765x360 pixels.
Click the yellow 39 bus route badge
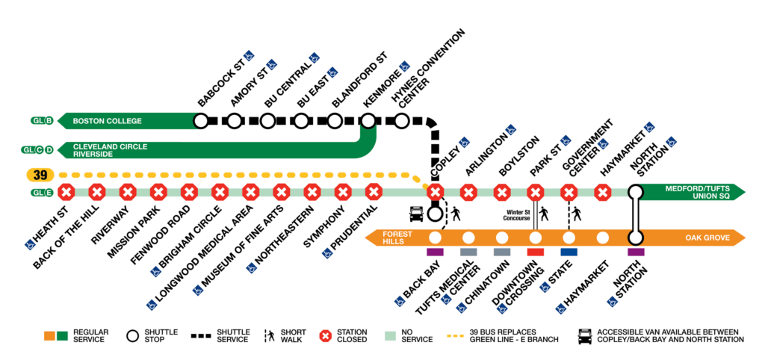(37, 175)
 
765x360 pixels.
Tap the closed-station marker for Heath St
(66, 193)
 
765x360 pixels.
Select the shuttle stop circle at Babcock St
(200, 120)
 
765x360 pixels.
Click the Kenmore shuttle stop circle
(368, 120)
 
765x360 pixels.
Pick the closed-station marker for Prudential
(374, 193)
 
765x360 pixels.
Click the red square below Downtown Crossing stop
(535, 252)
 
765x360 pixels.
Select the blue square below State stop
(569, 252)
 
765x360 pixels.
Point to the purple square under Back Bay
(435, 252)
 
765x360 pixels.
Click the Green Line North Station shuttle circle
(636, 191)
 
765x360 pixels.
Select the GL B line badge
(40, 120)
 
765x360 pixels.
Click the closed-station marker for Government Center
(569, 193)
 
